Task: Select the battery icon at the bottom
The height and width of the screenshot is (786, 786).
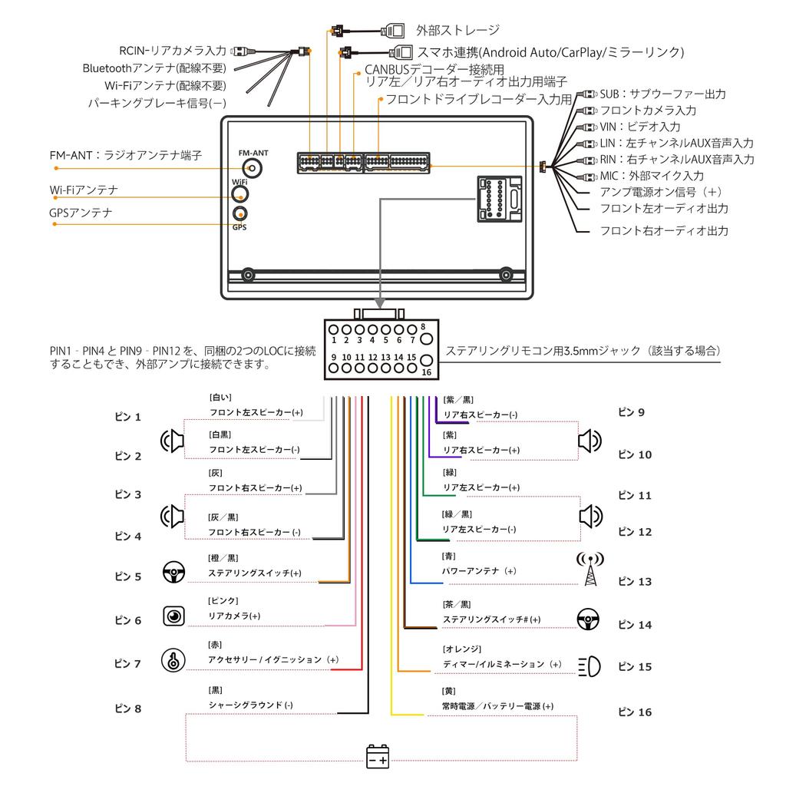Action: coord(378,756)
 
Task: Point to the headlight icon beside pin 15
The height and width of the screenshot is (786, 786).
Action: coord(589,665)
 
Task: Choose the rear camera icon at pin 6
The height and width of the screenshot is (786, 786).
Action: coord(174,616)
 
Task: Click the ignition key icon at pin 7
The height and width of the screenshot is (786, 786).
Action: coord(173,660)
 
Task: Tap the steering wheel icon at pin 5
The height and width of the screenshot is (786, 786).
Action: coord(174,573)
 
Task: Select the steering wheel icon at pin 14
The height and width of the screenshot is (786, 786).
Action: coord(589,618)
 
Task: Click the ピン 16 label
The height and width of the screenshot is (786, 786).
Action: coord(634,712)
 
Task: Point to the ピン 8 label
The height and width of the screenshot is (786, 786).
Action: coord(127,709)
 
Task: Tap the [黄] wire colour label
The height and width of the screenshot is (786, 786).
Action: coord(449,691)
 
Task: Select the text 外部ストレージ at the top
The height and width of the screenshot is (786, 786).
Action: coord(457,31)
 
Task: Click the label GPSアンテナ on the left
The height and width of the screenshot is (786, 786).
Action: coord(81,213)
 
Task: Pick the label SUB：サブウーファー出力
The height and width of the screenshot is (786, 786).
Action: coord(662,94)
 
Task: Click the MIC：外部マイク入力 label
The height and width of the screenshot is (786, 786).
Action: coord(651,176)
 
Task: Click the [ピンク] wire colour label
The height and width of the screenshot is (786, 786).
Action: coord(223,600)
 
